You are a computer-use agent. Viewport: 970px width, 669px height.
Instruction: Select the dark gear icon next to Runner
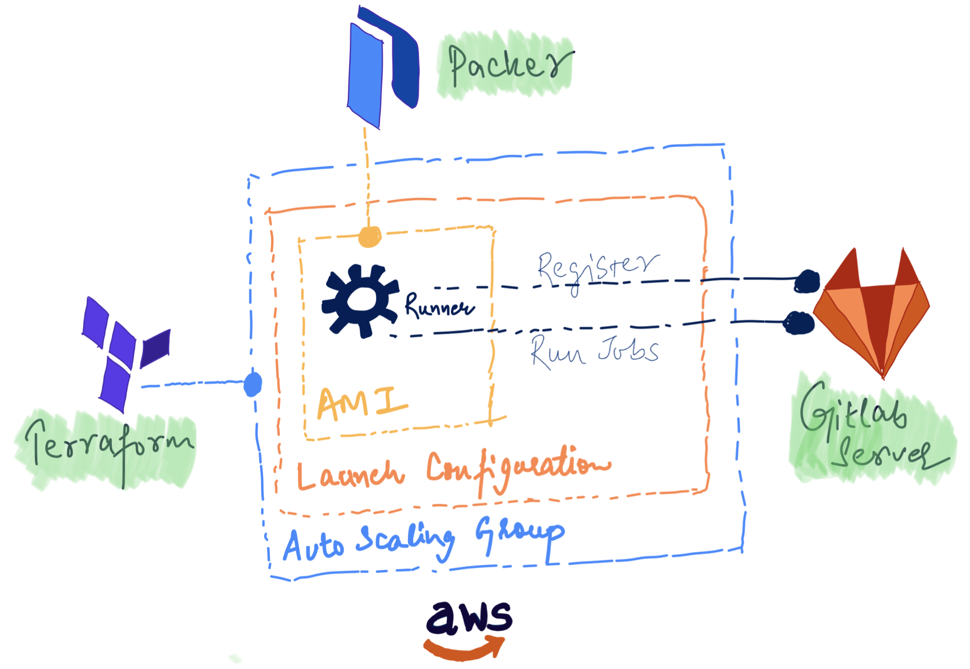click(360, 301)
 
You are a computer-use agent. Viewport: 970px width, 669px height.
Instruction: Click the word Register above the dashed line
click(597, 267)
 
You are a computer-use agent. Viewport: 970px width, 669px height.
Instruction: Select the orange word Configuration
click(518, 468)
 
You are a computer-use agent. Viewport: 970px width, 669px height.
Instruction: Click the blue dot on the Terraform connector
click(253, 384)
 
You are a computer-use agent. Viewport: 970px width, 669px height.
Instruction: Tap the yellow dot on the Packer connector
click(369, 237)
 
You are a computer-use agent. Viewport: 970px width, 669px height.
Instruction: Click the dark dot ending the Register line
click(807, 281)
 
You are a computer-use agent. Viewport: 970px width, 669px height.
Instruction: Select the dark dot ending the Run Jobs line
click(798, 323)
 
